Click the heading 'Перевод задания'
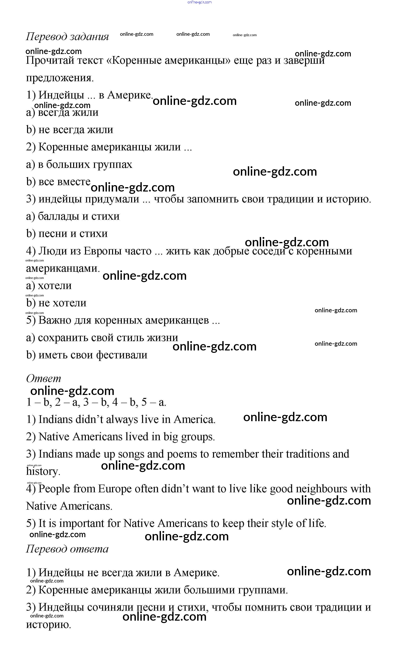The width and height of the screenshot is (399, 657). (67, 37)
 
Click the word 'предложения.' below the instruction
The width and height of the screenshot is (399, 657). (60, 78)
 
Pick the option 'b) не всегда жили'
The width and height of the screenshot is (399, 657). (70, 130)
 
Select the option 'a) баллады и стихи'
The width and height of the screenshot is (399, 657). (73, 216)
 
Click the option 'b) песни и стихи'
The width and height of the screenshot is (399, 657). (67, 234)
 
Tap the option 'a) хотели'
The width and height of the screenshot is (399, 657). (49, 285)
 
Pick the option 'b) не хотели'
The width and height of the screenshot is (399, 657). (56, 303)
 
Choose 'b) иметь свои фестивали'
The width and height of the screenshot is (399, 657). (87, 355)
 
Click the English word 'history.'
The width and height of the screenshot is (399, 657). (43, 471)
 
